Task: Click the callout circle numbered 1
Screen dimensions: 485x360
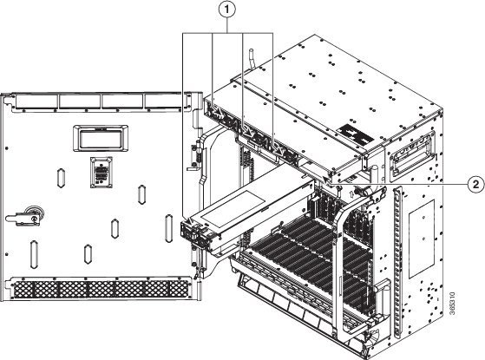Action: tap(227, 10)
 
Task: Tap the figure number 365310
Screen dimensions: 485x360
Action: tap(452, 304)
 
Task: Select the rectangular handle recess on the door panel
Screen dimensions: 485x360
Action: tap(101, 138)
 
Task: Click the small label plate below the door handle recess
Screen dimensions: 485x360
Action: tap(102, 173)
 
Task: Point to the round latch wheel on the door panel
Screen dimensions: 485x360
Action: tap(35, 213)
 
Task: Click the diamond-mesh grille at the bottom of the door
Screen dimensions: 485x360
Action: tap(101, 290)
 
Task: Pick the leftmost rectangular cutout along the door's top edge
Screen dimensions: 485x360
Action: tap(36, 101)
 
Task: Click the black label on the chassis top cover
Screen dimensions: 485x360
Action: tap(355, 134)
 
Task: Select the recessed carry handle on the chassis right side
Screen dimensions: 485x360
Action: tap(411, 156)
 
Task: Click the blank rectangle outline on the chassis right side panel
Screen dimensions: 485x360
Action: tap(422, 239)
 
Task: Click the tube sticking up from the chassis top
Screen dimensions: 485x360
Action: tap(252, 59)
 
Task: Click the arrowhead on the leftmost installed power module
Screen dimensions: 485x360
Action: tap(219, 114)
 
